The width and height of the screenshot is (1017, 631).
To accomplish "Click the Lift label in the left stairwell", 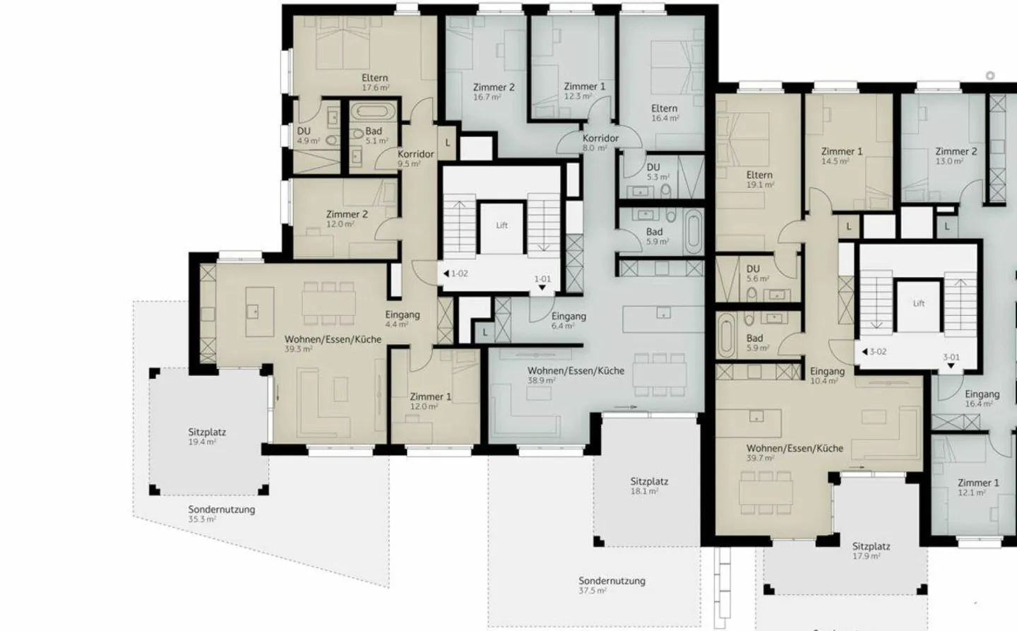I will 501,225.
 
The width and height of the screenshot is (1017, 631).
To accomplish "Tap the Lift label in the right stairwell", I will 918,303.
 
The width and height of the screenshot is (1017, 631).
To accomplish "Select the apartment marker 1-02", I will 456,273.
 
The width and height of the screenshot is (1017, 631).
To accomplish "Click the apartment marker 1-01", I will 542,280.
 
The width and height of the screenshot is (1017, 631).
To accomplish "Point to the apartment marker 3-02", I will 874,351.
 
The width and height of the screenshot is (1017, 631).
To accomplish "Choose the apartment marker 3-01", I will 951,358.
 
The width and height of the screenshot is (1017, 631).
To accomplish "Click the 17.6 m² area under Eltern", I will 375,88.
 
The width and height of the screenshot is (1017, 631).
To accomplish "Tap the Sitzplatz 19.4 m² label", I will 206,436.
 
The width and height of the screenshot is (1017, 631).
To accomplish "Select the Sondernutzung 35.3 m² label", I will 221,513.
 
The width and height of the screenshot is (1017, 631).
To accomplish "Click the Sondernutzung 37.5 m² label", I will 612,585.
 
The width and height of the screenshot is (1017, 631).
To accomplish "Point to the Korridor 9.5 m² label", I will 415,158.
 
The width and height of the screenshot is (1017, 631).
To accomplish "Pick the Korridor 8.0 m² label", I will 600,142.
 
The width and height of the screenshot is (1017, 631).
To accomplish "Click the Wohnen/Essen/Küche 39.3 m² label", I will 333,343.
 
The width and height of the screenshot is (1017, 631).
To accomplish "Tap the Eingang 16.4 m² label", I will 982,399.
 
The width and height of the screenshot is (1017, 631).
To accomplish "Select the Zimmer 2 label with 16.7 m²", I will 493,91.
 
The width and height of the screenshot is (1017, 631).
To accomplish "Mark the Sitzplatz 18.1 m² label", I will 649,485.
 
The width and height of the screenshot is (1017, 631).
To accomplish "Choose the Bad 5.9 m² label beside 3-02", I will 755,343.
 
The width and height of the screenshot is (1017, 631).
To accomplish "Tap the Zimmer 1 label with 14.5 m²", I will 841,155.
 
